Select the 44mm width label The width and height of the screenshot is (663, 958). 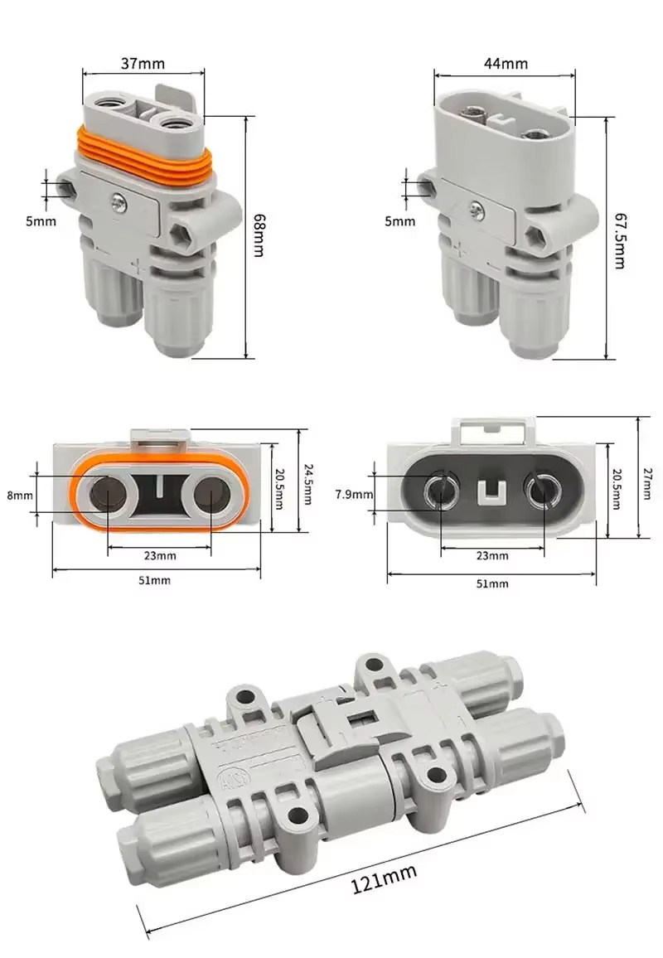coord(505,63)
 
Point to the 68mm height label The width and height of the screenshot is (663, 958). coord(259,235)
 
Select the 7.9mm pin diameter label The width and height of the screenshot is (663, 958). coord(355,495)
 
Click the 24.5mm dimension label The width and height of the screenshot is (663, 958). coord(307,483)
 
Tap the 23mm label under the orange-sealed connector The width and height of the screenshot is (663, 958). coord(159,555)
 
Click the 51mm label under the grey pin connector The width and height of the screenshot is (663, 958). coord(492,583)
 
